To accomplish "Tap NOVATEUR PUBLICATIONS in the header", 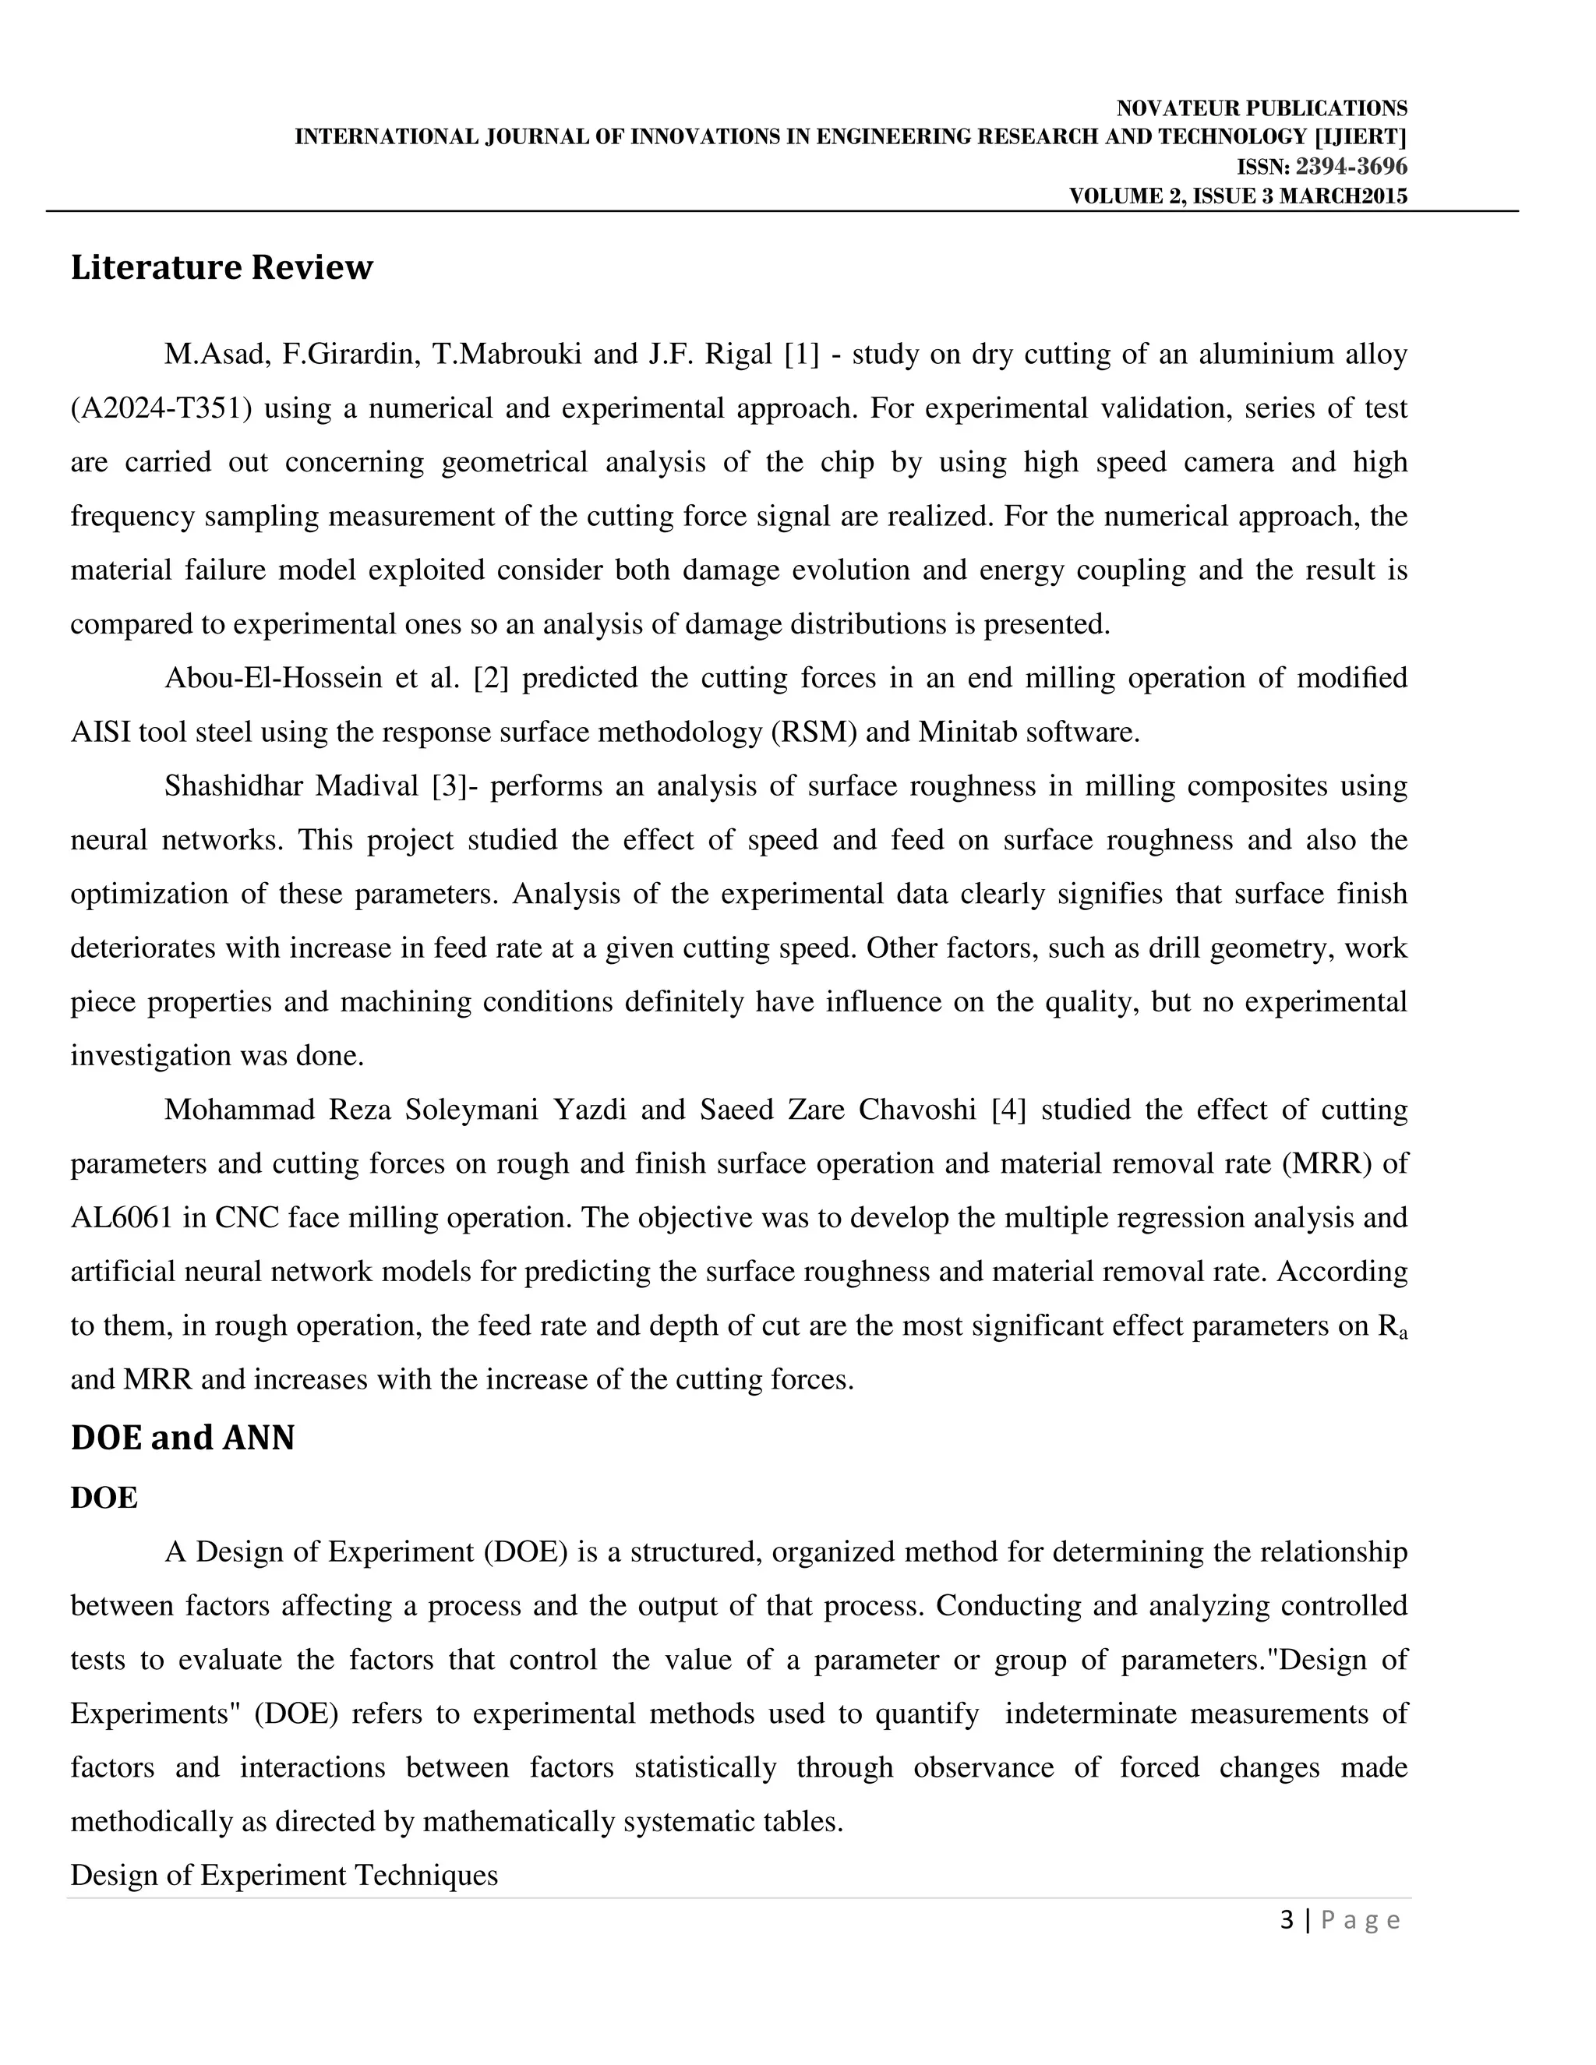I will (x=1262, y=109).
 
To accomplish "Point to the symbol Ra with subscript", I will (x=1392, y=1326).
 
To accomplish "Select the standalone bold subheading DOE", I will (x=104, y=1498).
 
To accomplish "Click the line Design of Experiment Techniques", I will (x=284, y=1875).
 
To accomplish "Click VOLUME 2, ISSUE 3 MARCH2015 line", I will (x=1238, y=196).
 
